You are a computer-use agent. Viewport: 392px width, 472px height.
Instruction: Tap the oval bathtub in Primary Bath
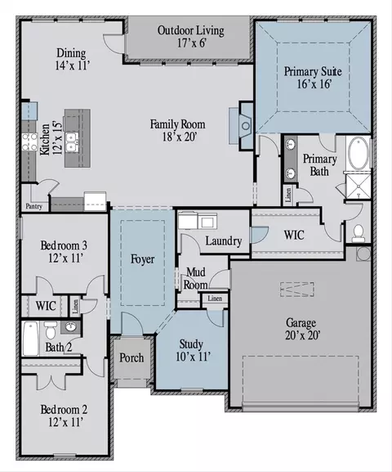(359, 154)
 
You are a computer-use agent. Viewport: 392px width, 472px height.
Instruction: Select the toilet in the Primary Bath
(359, 234)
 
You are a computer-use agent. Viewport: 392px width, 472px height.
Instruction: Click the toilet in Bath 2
(50, 330)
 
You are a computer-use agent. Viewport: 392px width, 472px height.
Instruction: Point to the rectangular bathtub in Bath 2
(31, 339)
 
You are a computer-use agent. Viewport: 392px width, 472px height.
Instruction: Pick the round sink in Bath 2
(71, 327)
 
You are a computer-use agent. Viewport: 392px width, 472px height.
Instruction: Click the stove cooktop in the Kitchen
(29, 142)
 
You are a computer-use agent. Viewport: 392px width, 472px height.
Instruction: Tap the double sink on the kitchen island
(72, 142)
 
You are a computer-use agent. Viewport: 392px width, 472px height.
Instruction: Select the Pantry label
(33, 206)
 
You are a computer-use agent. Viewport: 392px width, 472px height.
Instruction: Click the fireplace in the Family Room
(246, 125)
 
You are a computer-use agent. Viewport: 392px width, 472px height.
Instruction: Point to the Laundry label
(224, 241)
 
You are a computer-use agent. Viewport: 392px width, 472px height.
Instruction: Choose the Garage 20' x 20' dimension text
(302, 335)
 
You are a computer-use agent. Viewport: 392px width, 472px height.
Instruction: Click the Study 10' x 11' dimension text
(193, 357)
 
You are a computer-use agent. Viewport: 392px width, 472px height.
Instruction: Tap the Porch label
(131, 357)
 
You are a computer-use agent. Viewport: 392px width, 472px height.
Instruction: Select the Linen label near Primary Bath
(288, 196)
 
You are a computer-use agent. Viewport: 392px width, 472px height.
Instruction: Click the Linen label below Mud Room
(215, 299)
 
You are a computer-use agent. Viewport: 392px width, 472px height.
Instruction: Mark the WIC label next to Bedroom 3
(46, 306)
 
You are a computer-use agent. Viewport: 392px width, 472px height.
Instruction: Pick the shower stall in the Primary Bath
(359, 187)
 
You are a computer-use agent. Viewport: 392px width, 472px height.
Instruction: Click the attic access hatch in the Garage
(297, 290)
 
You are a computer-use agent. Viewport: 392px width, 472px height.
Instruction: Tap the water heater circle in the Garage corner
(363, 254)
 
